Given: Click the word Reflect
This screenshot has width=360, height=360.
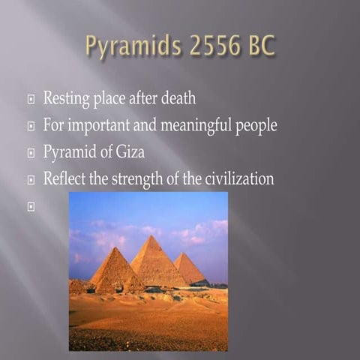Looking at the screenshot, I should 64,179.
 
